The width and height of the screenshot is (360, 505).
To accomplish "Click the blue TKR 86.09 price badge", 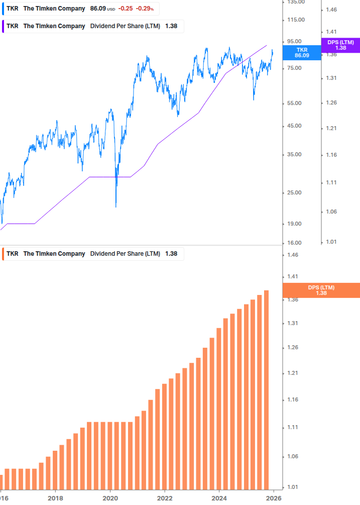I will click(302, 52).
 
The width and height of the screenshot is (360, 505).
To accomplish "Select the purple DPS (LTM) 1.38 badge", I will click(340, 45).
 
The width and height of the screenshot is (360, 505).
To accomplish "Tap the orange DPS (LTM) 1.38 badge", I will click(321, 290).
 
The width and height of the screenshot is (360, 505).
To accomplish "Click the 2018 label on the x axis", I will click(55, 498).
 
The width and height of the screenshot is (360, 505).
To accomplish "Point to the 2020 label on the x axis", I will click(110, 498).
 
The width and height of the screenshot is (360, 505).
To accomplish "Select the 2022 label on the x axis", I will click(165, 498).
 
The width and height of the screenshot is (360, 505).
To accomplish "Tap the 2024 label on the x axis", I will click(219, 498).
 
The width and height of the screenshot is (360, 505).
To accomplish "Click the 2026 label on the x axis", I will click(273, 498).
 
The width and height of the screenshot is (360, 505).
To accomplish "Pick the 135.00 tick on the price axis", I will click(295, 3).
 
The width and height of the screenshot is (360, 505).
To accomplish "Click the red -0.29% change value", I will click(145, 9).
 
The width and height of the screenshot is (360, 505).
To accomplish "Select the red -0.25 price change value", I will click(126, 9).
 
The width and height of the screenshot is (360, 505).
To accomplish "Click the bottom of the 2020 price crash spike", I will click(116, 206).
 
